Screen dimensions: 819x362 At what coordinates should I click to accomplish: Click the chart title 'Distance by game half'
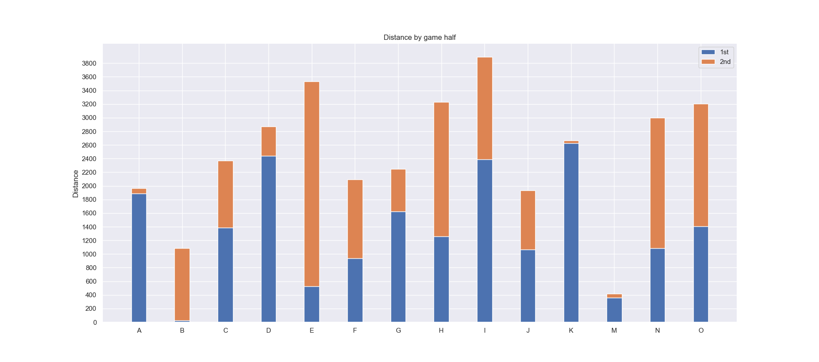[x=420, y=38]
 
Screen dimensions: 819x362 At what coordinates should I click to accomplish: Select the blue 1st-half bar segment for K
[x=571, y=233]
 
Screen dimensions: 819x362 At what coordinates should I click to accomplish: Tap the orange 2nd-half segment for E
[x=312, y=184]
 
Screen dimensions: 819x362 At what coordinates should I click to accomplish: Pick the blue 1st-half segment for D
[x=268, y=239]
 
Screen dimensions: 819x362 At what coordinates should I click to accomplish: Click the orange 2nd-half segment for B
[x=182, y=285]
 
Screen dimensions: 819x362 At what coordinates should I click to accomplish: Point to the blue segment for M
[x=614, y=310]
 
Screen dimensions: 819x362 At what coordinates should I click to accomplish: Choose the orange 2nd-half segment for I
[x=485, y=109]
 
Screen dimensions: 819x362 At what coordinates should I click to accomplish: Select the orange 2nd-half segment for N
[x=657, y=183]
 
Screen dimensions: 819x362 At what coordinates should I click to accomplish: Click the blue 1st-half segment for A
[x=139, y=258]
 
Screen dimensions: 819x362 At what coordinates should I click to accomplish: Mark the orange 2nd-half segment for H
[x=441, y=169]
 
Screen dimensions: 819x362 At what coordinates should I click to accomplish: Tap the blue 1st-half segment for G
[x=398, y=267]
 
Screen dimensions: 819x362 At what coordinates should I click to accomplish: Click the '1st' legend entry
[x=716, y=52]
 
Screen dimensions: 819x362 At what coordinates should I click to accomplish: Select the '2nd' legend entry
[x=716, y=62]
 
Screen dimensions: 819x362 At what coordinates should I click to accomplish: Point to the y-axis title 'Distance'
[x=76, y=184]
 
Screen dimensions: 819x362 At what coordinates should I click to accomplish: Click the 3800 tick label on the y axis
[x=89, y=63]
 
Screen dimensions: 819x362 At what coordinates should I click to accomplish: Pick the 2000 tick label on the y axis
[x=89, y=186]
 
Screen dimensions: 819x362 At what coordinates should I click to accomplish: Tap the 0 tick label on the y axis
[x=95, y=323]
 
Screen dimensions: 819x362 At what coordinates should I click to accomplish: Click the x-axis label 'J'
[x=528, y=330]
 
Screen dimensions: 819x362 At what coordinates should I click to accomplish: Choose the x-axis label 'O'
[x=701, y=330]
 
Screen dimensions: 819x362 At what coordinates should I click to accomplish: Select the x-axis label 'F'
[x=355, y=330]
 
